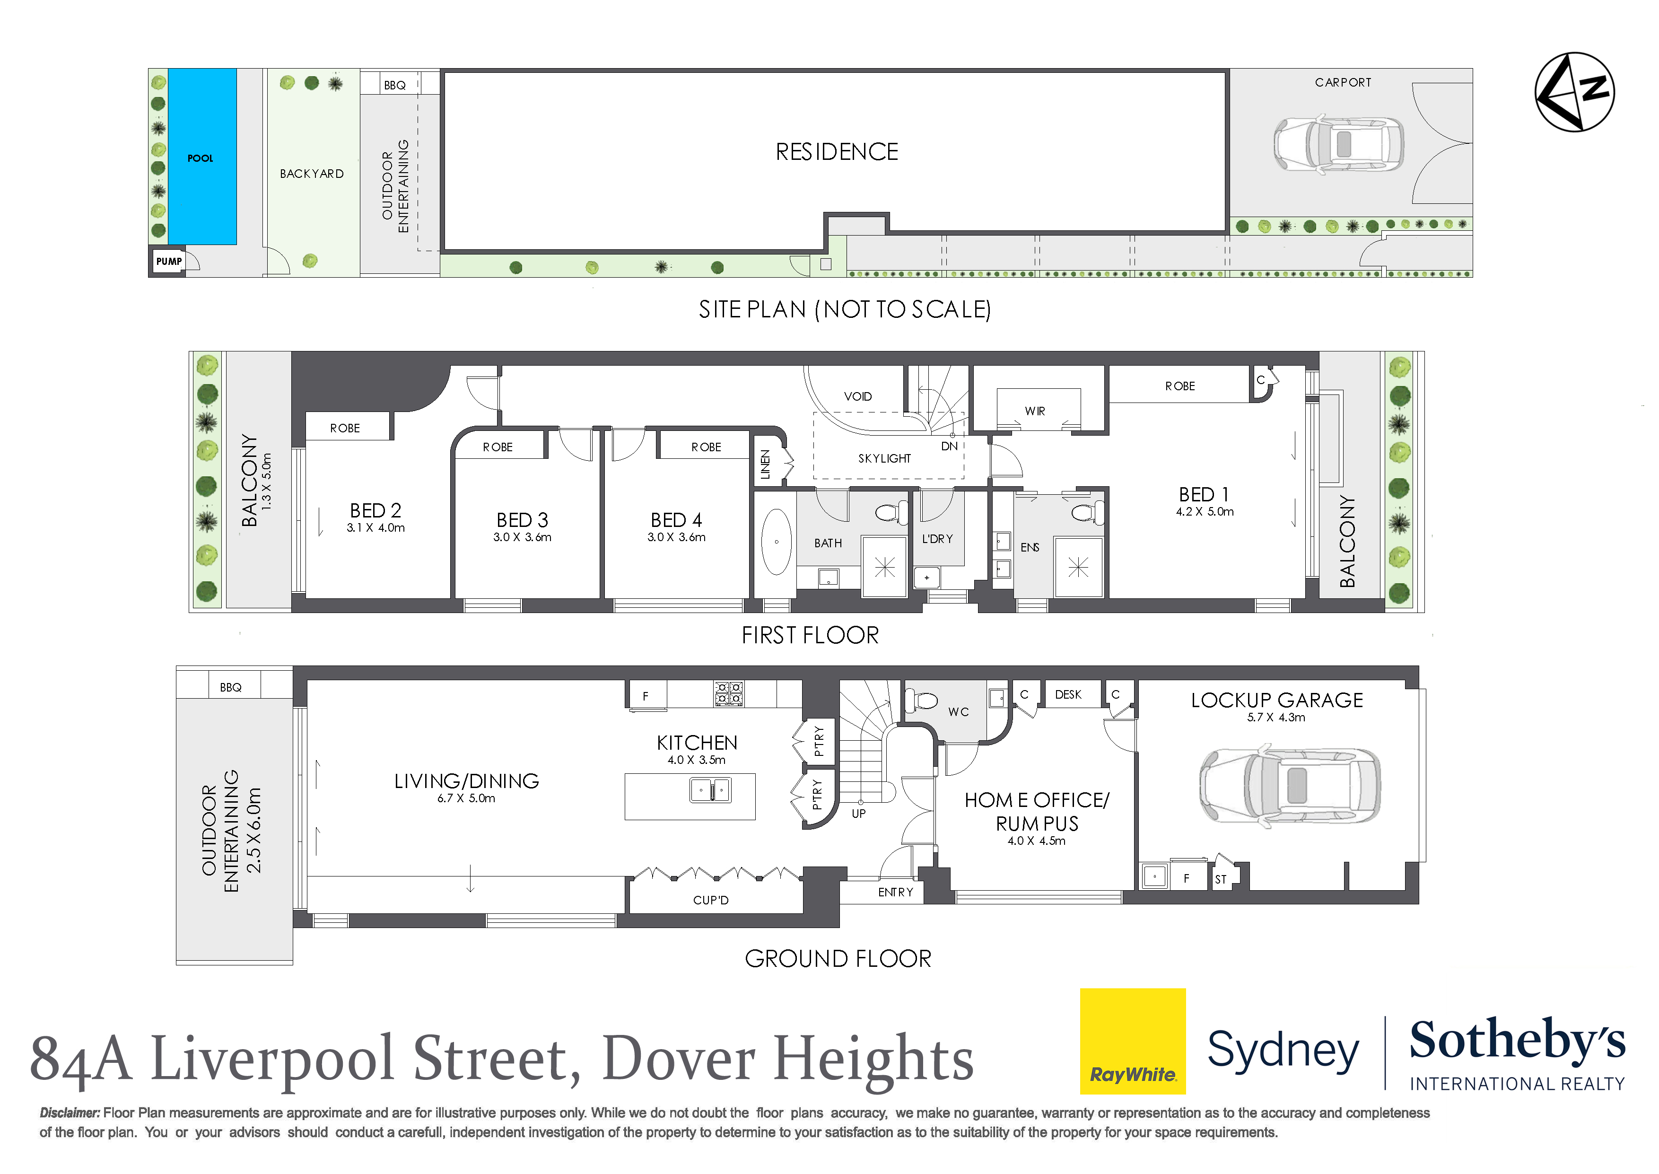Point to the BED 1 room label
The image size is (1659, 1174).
(1204, 494)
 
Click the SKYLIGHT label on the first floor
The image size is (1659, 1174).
(884, 458)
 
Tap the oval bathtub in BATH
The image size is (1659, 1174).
(777, 542)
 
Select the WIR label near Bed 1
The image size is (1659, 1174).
(1035, 411)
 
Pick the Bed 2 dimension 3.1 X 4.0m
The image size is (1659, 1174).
(375, 528)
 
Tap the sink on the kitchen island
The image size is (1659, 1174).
(710, 790)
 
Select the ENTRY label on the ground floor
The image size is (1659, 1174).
(895, 892)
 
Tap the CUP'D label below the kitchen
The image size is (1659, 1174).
(710, 900)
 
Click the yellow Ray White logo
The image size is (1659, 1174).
(1132, 1041)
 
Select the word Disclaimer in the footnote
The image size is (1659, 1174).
(70, 1113)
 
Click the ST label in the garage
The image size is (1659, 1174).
(1221, 879)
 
